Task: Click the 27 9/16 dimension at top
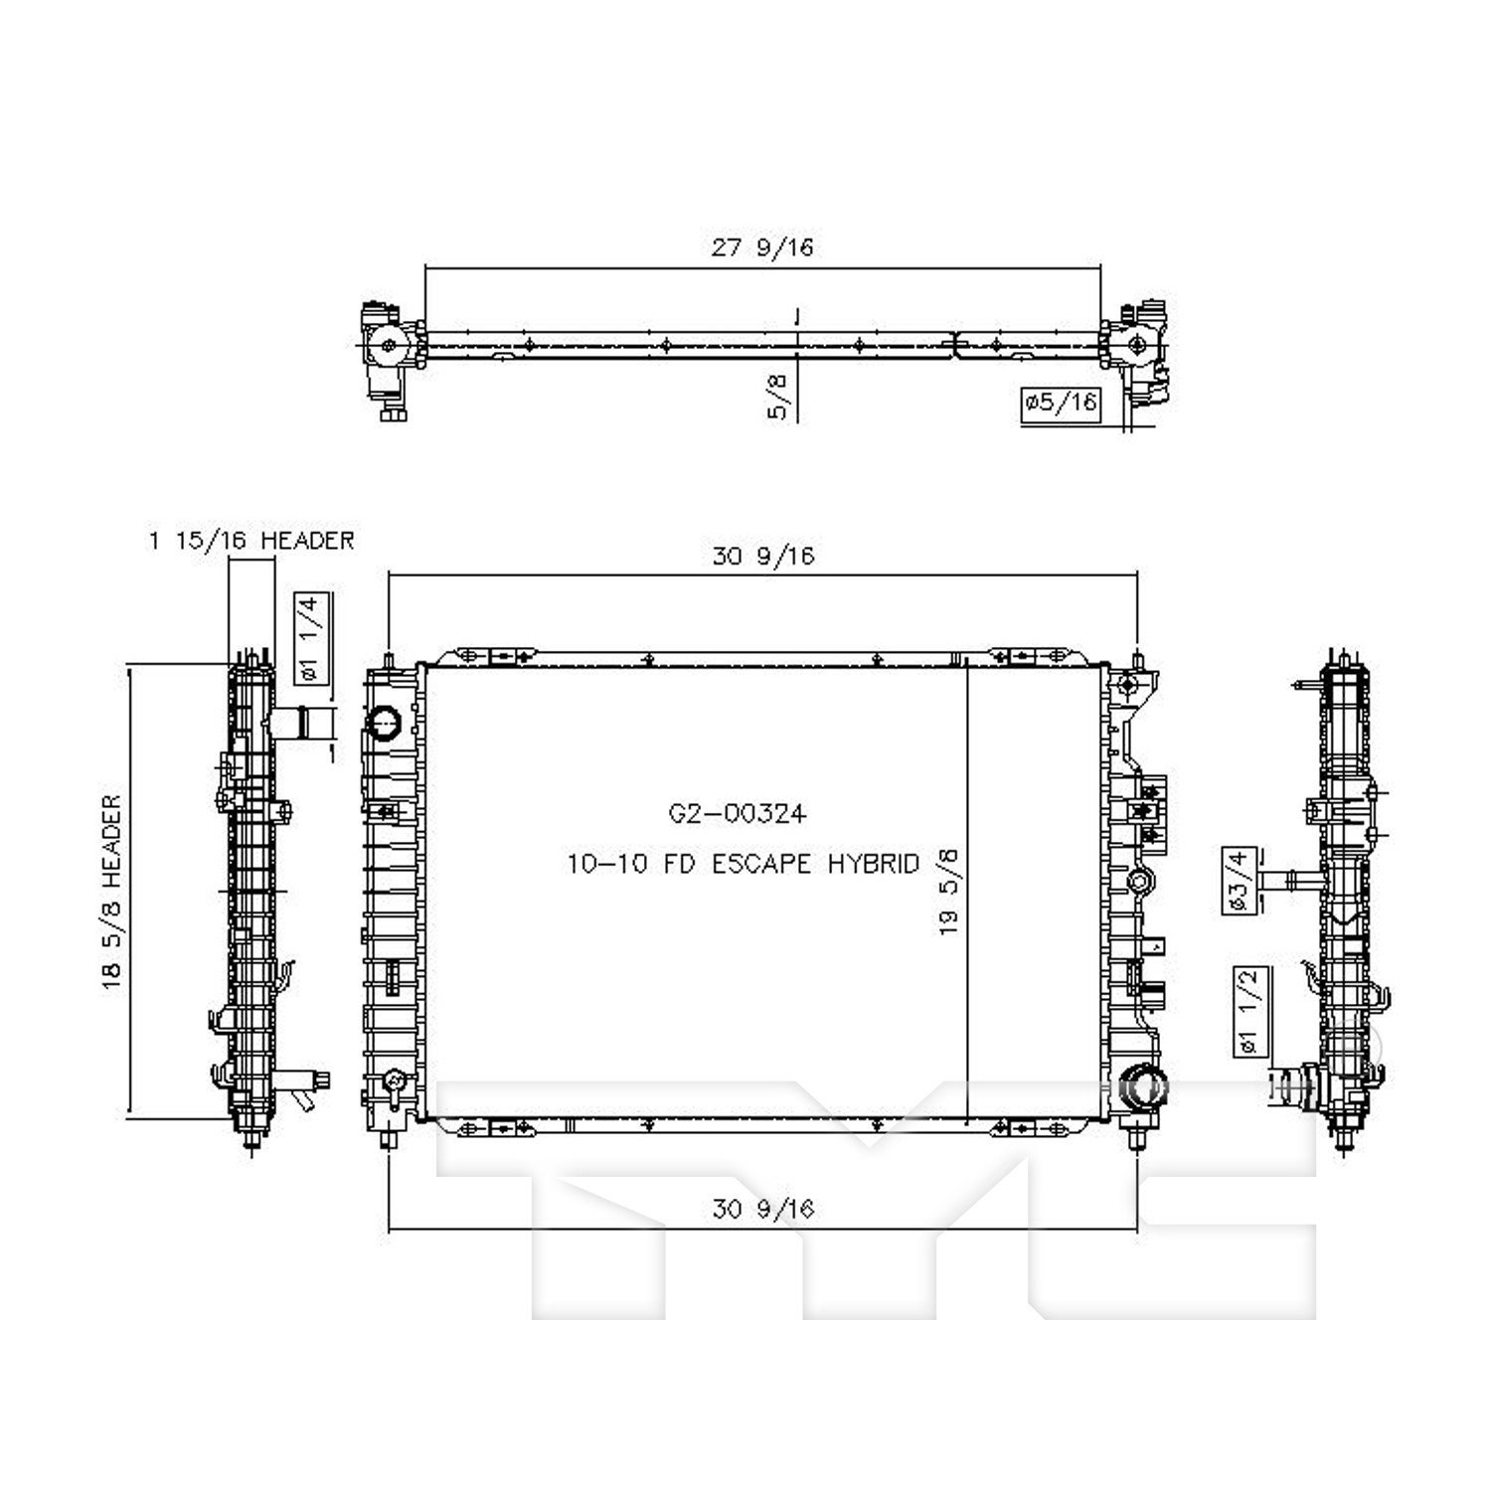click(761, 247)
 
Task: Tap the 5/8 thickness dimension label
click(778, 396)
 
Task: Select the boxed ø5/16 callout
click(1061, 403)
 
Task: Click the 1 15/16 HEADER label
click(251, 541)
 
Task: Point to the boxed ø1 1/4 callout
click(311, 638)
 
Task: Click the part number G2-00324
click(737, 814)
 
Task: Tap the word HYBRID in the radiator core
click(874, 864)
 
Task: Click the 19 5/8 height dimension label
click(948, 892)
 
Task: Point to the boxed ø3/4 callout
click(1239, 881)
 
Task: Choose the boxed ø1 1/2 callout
click(1249, 1011)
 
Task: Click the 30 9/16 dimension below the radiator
click(763, 1209)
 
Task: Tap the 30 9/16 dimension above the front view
click(763, 556)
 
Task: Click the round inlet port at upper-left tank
click(385, 722)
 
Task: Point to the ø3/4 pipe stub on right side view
click(1289, 881)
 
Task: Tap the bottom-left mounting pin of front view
click(389, 1136)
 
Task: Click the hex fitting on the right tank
click(1139, 882)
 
